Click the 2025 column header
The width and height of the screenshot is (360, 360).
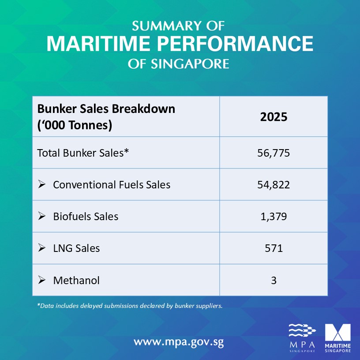pos(274,117)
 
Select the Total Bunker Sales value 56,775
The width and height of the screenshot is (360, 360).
pos(274,153)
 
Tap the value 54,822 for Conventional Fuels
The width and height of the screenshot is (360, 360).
pos(274,185)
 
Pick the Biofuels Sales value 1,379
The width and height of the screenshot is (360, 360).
pos(274,217)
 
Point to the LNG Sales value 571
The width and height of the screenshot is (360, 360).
pos(274,248)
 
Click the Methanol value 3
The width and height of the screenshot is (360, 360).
pos(274,280)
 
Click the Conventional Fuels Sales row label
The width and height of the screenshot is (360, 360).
pos(112,185)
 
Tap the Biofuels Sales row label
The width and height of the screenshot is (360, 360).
pos(86,217)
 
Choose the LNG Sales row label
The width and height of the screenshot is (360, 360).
pos(76,248)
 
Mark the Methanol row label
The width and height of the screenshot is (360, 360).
pos(76,280)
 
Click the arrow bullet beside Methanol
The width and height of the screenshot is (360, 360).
pos(42,280)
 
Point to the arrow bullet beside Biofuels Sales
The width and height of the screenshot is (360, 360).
pos(42,217)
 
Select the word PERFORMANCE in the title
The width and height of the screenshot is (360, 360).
pos(234,44)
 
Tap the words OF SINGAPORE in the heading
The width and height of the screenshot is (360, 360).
pos(179,64)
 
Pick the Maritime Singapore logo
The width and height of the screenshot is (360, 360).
pos(337,338)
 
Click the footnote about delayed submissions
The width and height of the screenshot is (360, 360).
pos(130,306)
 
